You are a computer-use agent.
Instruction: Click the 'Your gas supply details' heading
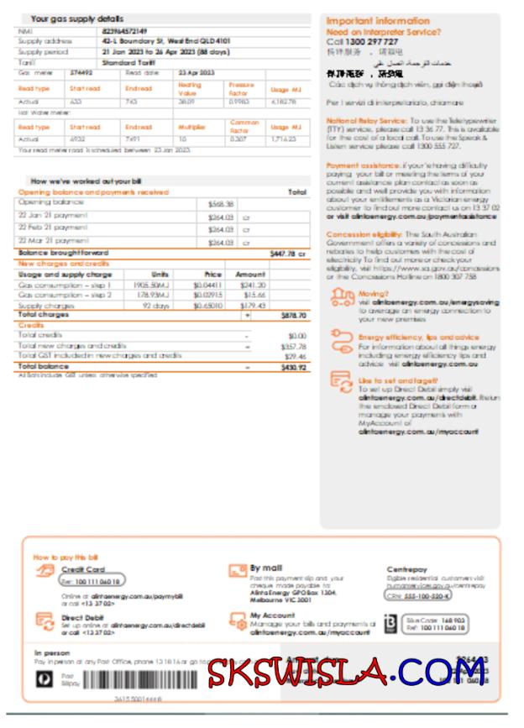(x=76, y=18)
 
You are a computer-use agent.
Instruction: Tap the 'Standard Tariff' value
(x=127, y=61)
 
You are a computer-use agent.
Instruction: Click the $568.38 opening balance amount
(x=220, y=203)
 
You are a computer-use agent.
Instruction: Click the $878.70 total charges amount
(x=292, y=315)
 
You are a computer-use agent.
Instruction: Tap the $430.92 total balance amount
(x=292, y=367)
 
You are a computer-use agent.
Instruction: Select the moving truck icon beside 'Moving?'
(x=343, y=296)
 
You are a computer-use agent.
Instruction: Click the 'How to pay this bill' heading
(x=65, y=558)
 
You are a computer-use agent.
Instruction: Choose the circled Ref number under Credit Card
(x=91, y=581)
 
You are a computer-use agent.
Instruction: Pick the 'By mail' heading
(x=266, y=568)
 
